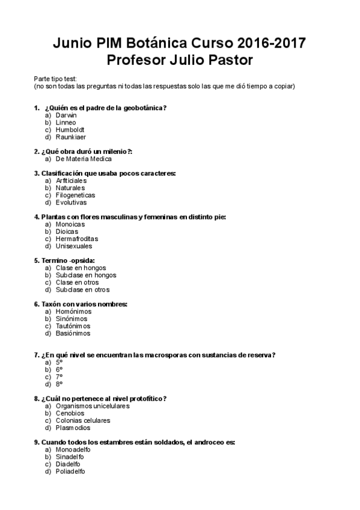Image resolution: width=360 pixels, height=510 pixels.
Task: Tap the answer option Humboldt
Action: point(70,129)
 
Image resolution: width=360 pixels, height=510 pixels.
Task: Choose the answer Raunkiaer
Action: point(71,137)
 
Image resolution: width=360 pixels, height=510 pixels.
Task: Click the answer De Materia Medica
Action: point(83,159)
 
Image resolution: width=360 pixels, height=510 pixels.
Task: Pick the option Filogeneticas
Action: point(75,195)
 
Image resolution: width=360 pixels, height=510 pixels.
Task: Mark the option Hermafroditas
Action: point(76,239)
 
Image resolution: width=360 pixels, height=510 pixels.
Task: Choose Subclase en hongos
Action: point(86,275)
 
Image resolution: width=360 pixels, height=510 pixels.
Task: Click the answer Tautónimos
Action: point(72,326)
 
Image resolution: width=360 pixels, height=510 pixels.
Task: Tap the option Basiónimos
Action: point(73,333)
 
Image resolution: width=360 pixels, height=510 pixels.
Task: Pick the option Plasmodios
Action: point(73,428)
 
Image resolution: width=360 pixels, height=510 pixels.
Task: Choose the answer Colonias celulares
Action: point(82,420)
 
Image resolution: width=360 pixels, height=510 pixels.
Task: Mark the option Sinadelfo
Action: point(70,457)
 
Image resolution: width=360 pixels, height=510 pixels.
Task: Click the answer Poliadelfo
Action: point(70,472)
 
